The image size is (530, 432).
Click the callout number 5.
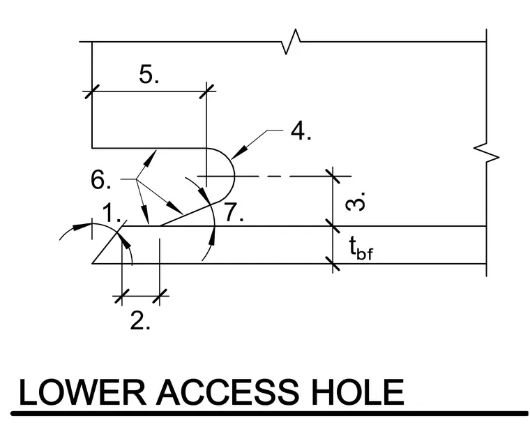149,75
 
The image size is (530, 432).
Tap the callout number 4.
301,131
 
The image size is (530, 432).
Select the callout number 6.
100,179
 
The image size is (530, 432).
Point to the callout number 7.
234,212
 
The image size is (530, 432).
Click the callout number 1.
112,213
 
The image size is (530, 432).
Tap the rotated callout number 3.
356,202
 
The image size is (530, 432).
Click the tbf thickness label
361,248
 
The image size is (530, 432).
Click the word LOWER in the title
82,392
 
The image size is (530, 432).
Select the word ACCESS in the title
227,392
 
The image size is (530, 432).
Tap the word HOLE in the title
358,392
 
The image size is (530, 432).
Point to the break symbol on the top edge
291,42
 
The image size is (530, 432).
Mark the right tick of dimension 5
206,91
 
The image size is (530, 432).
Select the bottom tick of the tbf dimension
333,264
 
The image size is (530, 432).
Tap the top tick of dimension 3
333,176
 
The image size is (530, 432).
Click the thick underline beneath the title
269,413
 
